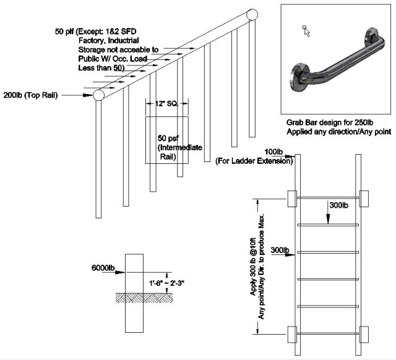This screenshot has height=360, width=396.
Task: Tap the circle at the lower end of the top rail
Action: pyautogui.click(x=98, y=95)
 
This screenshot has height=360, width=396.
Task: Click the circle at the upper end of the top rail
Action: pyautogui.click(x=252, y=15)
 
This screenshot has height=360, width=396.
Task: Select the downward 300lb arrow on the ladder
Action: pyautogui.click(x=328, y=211)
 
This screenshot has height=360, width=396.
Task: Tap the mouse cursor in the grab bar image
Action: pyautogui.click(x=306, y=32)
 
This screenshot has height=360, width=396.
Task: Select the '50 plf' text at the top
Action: pyautogui.click(x=66, y=31)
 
